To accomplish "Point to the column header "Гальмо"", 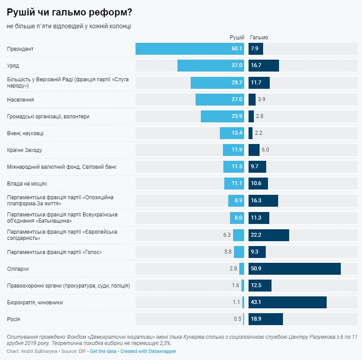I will click(x=259, y=38).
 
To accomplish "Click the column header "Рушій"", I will click(x=237, y=38).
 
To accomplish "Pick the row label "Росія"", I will click(x=14, y=319).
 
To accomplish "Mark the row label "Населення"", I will click(x=21, y=100).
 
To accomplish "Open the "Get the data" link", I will click(x=103, y=351).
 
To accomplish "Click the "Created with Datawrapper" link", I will click(x=148, y=351).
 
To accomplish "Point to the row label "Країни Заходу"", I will click(x=25, y=150).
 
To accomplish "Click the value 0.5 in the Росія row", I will click(x=238, y=319).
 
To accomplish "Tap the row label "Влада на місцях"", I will click(x=27, y=183).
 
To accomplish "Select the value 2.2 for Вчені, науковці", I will click(x=259, y=133).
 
